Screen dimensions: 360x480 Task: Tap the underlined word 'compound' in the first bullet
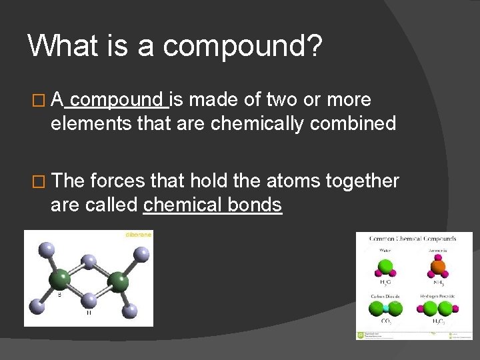pyautogui.click(x=119, y=100)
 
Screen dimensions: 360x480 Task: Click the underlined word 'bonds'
pyautogui.click(x=255, y=205)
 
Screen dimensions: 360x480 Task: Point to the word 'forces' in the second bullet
pyautogui.click(x=119, y=181)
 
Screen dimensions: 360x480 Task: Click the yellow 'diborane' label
pyautogui.click(x=139, y=235)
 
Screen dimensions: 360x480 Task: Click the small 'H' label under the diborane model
pyautogui.click(x=89, y=313)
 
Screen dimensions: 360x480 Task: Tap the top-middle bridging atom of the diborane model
pyautogui.click(x=87, y=261)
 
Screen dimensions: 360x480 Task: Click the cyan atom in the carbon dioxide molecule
pyautogui.click(x=386, y=309)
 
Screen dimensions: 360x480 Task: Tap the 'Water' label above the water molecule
pyautogui.click(x=386, y=251)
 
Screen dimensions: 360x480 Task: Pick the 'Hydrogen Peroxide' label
pyautogui.click(x=437, y=296)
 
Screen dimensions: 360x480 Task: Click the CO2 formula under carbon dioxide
pyautogui.click(x=386, y=323)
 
